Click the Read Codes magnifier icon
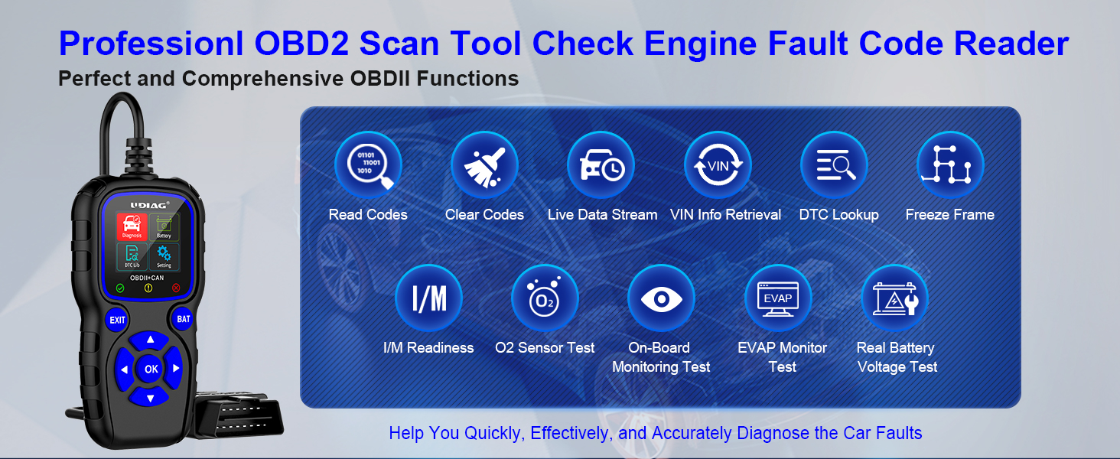[x=368, y=165]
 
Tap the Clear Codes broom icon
[x=484, y=165]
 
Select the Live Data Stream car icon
[x=601, y=165]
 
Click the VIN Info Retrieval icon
[x=718, y=165]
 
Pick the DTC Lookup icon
[x=834, y=165]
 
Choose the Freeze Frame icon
[x=950, y=165]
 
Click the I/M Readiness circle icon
[x=428, y=298]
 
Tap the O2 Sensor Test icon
[x=545, y=298]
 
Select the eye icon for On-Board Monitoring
[x=661, y=298]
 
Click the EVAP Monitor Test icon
[x=778, y=298]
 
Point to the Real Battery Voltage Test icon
[x=895, y=298]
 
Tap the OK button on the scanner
[x=151, y=369]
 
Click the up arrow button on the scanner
[x=151, y=340]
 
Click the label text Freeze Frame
[x=949, y=215]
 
